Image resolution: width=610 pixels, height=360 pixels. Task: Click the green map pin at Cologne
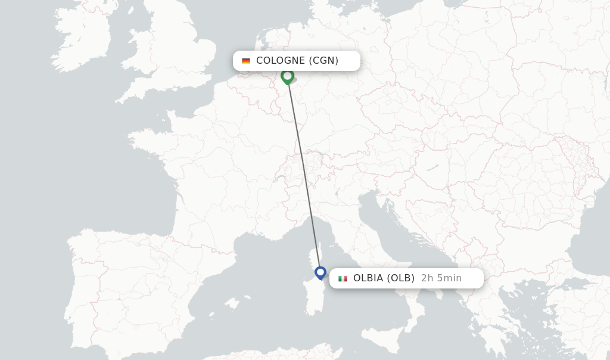tap(287, 76)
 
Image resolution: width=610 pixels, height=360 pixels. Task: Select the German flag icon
tap(246, 61)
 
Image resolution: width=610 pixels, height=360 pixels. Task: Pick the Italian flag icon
tap(343, 278)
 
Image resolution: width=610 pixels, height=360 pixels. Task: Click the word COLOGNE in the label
tap(280, 60)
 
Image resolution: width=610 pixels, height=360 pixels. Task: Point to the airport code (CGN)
tap(323, 60)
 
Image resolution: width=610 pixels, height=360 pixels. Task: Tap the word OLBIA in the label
tap(368, 278)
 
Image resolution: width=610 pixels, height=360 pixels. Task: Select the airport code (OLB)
tap(400, 278)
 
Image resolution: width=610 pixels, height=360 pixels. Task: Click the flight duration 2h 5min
tap(441, 278)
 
